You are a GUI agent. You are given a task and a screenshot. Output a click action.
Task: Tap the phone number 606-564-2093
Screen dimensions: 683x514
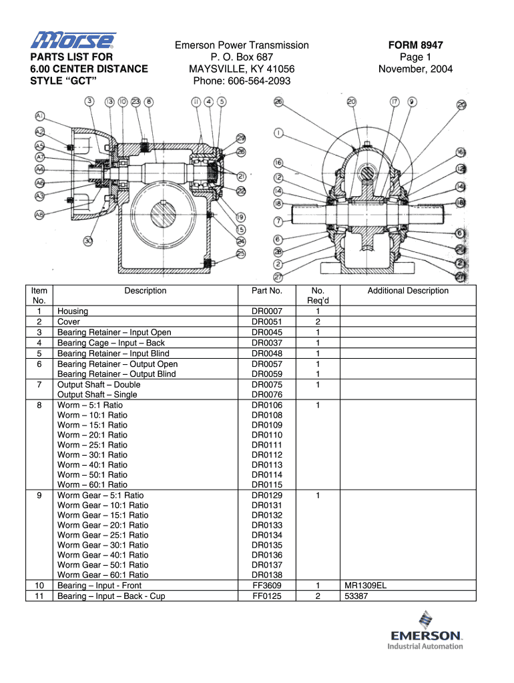[x=242, y=81]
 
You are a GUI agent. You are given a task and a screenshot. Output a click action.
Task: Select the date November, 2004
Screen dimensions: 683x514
[x=415, y=69]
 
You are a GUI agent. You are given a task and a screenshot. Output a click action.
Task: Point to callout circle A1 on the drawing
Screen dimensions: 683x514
[x=40, y=115]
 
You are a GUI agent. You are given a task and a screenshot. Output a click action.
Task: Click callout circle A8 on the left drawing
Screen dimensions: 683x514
[x=40, y=214]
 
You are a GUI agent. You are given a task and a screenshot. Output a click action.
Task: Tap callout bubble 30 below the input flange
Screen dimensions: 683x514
[x=88, y=241]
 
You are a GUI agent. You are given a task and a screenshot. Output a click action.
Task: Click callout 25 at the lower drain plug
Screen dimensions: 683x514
[x=240, y=253]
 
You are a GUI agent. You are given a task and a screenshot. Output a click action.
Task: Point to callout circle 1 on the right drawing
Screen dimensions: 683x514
[x=279, y=131]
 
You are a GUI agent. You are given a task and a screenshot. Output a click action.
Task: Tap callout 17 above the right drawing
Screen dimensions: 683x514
[x=395, y=102]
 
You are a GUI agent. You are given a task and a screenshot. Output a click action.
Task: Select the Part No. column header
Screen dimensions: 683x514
[x=267, y=291]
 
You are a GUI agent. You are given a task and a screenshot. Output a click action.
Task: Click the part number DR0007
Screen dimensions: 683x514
[x=267, y=311]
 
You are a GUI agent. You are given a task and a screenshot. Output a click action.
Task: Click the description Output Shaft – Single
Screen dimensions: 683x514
[x=97, y=395]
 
